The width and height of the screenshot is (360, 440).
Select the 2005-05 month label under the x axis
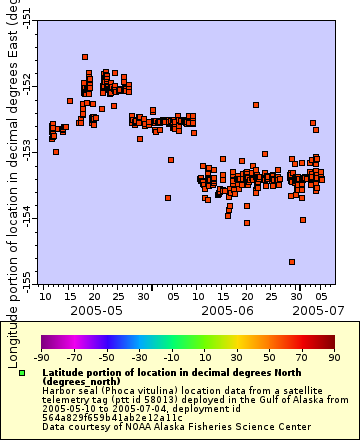(96, 311)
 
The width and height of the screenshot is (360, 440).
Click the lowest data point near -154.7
(292, 262)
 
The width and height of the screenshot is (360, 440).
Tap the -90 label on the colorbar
(41, 356)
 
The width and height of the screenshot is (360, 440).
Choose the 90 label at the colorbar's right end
(333, 356)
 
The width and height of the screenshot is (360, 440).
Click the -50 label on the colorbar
(106, 356)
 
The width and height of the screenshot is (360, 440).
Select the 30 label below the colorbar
(236, 356)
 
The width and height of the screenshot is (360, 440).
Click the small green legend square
(22, 373)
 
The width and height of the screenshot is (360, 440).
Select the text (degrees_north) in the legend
(80, 381)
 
